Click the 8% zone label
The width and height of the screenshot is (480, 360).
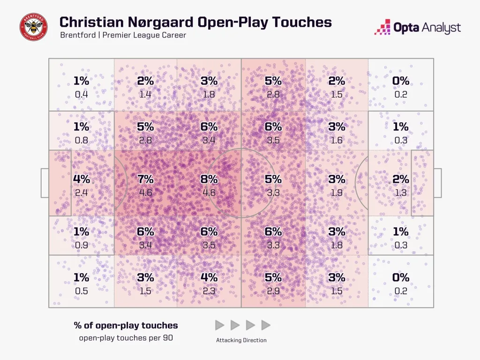(209, 179)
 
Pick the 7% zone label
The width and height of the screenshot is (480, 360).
(146, 179)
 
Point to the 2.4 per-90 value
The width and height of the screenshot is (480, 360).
(82, 192)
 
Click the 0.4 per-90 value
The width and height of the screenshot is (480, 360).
(82, 94)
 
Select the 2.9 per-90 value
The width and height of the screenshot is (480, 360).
(273, 291)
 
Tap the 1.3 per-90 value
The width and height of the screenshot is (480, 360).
(401, 192)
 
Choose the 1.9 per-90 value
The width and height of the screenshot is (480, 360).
(337, 192)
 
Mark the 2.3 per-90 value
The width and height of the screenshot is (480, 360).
(209, 291)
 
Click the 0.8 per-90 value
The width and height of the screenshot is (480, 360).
(82, 140)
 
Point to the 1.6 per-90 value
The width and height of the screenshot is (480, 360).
(337, 140)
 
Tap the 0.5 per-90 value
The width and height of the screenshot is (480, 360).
(82, 291)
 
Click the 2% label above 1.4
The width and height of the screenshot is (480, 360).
(146, 81)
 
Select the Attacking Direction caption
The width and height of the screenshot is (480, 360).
(242, 340)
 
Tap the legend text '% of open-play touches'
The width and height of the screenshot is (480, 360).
(126, 325)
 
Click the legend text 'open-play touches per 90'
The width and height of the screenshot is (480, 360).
(126, 337)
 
